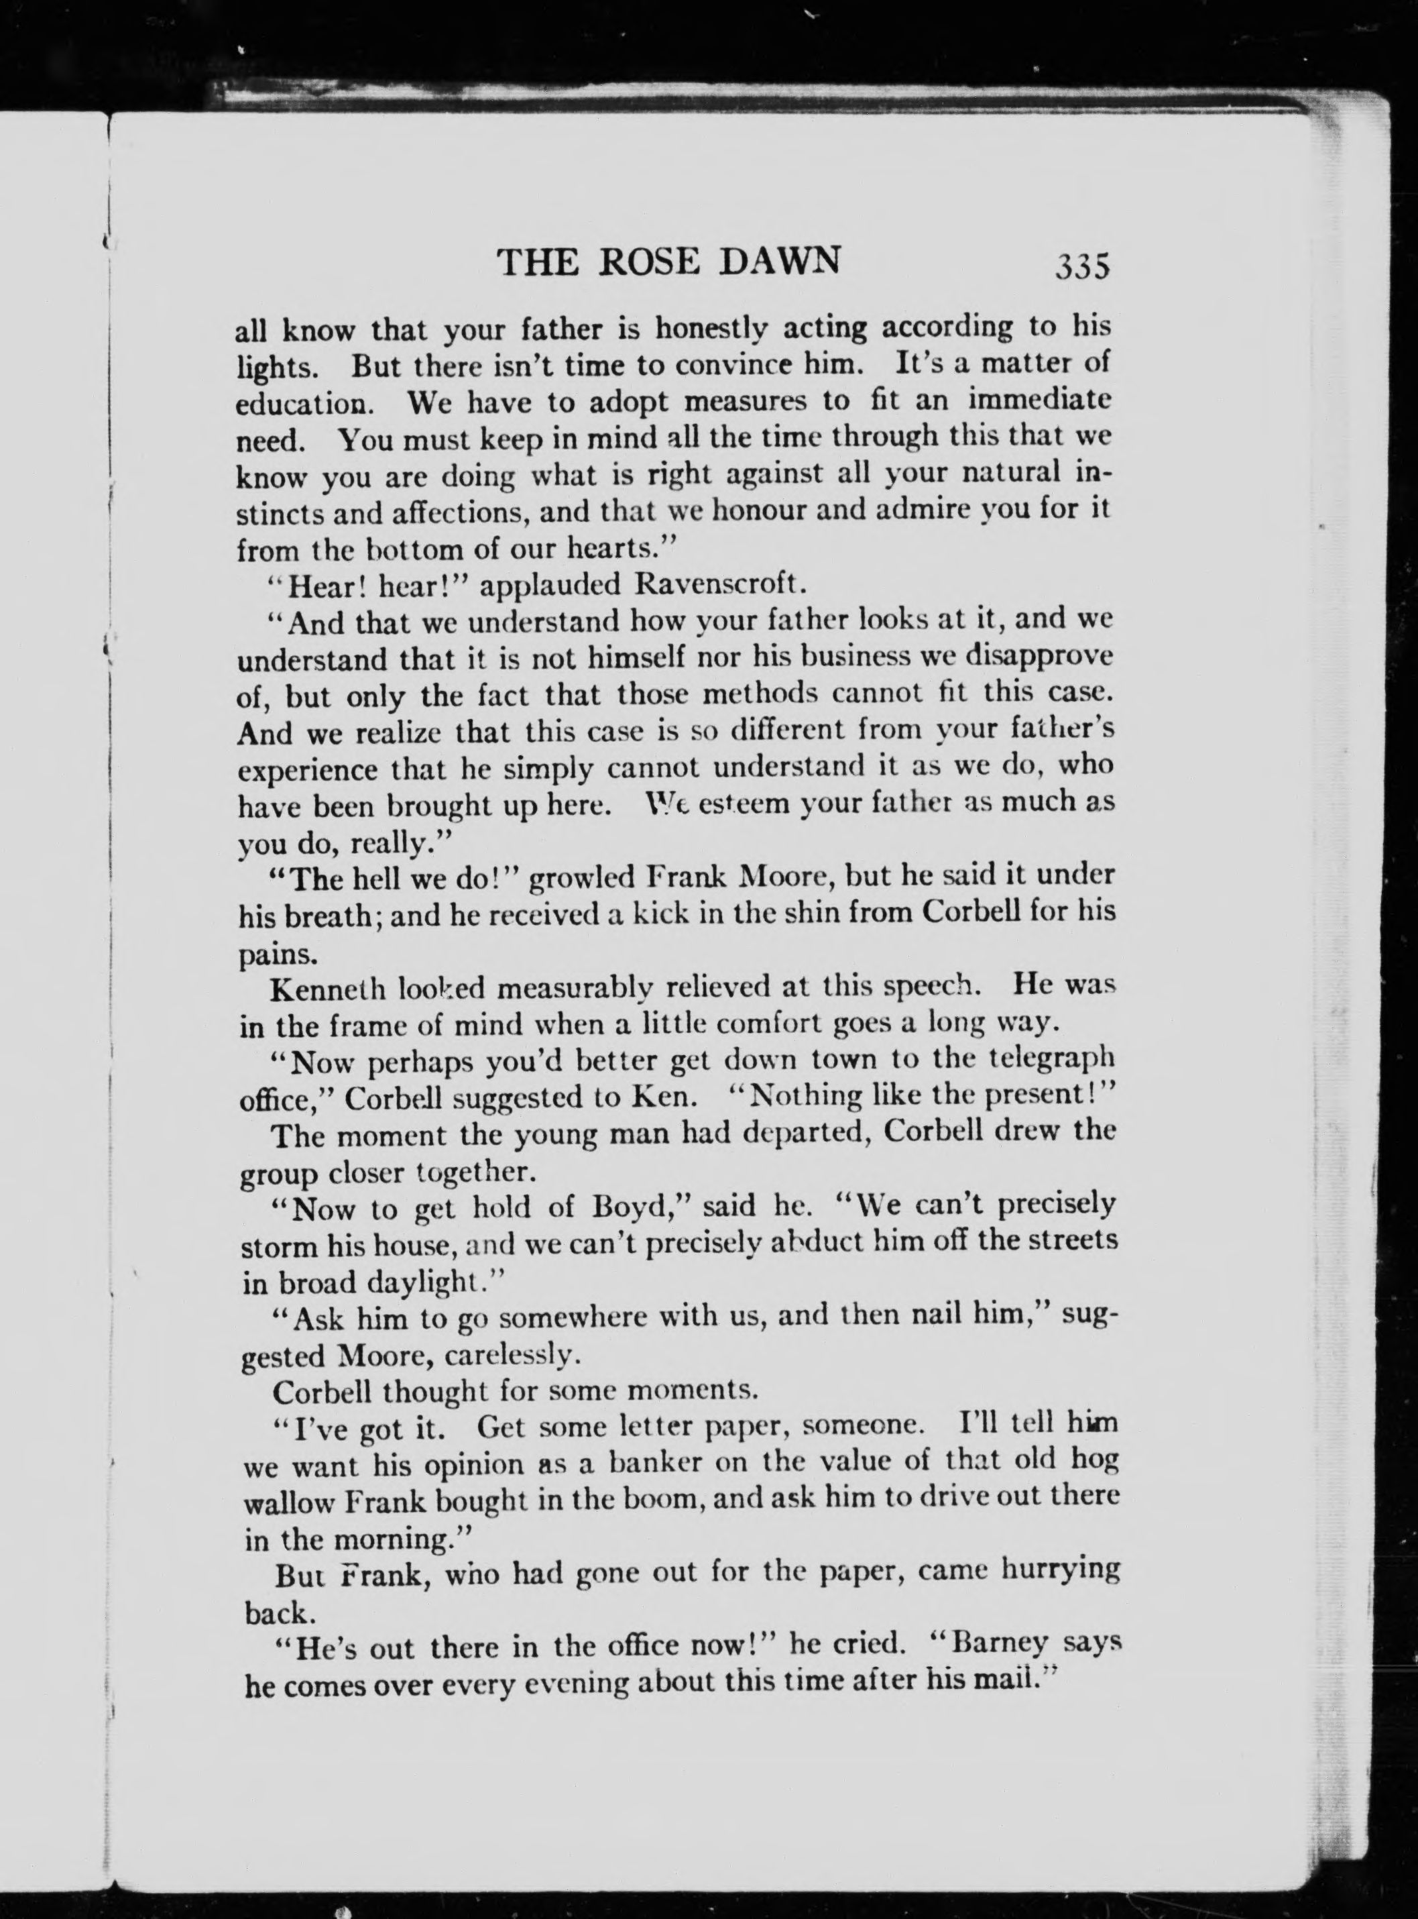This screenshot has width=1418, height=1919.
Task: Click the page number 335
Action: (x=1084, y=267)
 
